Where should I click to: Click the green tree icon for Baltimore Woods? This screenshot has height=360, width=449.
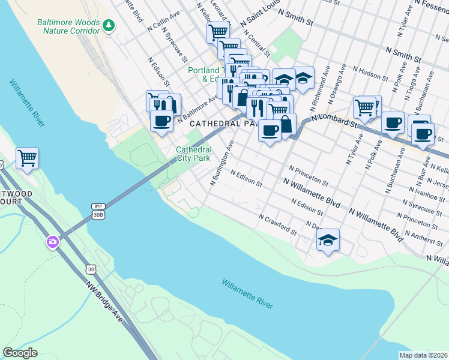(x=109, y=25)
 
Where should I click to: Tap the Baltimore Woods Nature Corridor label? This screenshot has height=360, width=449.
(x=68, y=26)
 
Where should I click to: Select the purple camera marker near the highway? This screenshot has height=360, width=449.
(x=53, y=242)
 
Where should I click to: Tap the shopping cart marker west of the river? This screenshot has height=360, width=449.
(x=28, y=158)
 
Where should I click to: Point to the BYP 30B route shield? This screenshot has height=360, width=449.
(x=98, y=210)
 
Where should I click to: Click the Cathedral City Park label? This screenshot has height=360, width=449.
(x=193, y=154)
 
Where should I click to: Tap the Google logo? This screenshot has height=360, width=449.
(x=20, y=353)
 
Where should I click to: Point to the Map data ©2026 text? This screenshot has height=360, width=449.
(x=423, y=355)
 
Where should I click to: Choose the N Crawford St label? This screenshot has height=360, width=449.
(x=278, y=224)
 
